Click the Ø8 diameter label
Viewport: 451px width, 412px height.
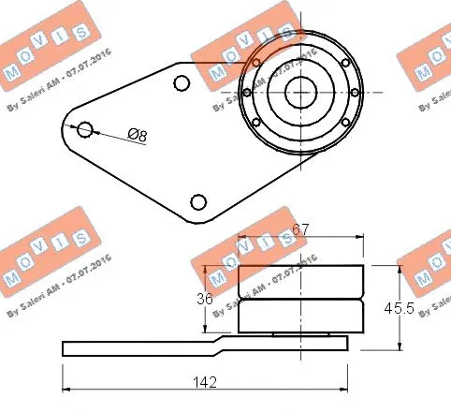[137, 136]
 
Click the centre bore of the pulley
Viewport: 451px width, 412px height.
[299, 92]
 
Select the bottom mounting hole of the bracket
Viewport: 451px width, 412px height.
[197, 201]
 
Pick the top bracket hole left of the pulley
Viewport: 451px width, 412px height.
[182, 83]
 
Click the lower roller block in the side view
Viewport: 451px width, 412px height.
[300, 315]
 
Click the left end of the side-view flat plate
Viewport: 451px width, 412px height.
[65, 348]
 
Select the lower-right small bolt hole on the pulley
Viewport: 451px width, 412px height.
[344, 123]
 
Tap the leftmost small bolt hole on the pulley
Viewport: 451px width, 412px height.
[245, 93]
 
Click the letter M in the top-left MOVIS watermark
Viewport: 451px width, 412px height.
[12, 72]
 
